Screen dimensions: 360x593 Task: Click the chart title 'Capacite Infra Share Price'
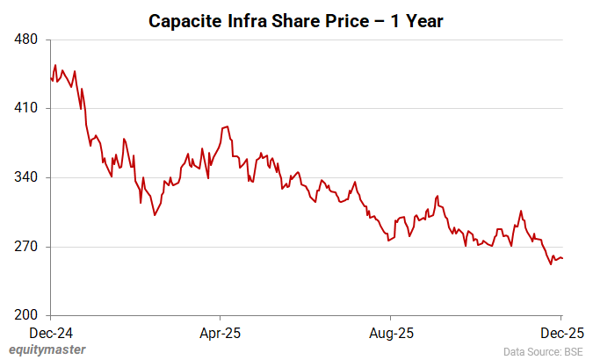point(295,19)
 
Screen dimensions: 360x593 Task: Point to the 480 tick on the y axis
point(25,40)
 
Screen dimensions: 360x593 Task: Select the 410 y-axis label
point(25,109)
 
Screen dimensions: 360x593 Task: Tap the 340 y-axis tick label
point(25,177)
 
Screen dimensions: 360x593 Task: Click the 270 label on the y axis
point(25,247)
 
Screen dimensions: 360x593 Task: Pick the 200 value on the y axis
point(25,315)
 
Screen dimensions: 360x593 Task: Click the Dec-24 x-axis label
point(51,333)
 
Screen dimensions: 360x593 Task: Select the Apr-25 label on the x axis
point(221,333)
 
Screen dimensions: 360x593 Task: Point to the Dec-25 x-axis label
point(560,333)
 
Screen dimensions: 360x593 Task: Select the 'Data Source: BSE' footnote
point(543,351)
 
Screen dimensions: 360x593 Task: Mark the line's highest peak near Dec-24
point(55,65)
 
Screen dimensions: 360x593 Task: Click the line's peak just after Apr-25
point(228,126)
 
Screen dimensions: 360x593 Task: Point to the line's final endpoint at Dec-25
point(562,257)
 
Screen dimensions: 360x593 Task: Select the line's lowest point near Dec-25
point(551,263)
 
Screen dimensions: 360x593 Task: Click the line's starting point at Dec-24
point(51,79)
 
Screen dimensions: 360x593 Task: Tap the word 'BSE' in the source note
point(570,351)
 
